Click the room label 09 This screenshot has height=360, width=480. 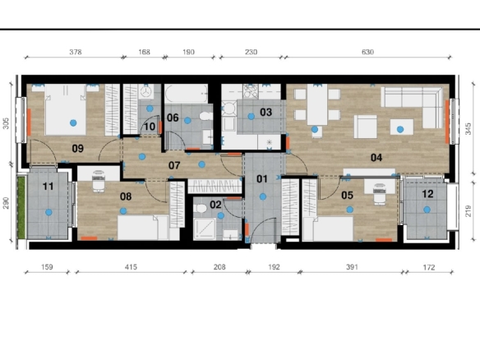(78, 149)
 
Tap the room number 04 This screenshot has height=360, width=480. (376, 158)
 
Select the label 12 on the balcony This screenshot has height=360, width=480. (427, 194)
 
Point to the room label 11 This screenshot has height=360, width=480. (48, 186)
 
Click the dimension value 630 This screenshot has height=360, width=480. (367, 52)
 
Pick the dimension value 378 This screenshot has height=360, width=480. (76, 52)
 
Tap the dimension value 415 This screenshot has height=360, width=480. (131, 267)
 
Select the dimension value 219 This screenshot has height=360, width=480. (468, 210)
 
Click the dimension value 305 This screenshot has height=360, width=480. (6, 123)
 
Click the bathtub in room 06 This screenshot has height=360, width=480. (186, 94)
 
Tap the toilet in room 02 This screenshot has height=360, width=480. (201, 209)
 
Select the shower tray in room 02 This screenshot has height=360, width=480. (205, 228)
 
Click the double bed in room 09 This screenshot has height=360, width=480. (66, 109)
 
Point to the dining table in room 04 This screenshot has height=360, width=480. (317, 104)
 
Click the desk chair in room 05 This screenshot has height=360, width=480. (380, 194)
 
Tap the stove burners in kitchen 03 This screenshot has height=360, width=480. (251, 91)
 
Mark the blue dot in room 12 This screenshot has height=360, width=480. (427, 210)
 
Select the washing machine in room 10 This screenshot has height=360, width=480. (146, 91)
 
